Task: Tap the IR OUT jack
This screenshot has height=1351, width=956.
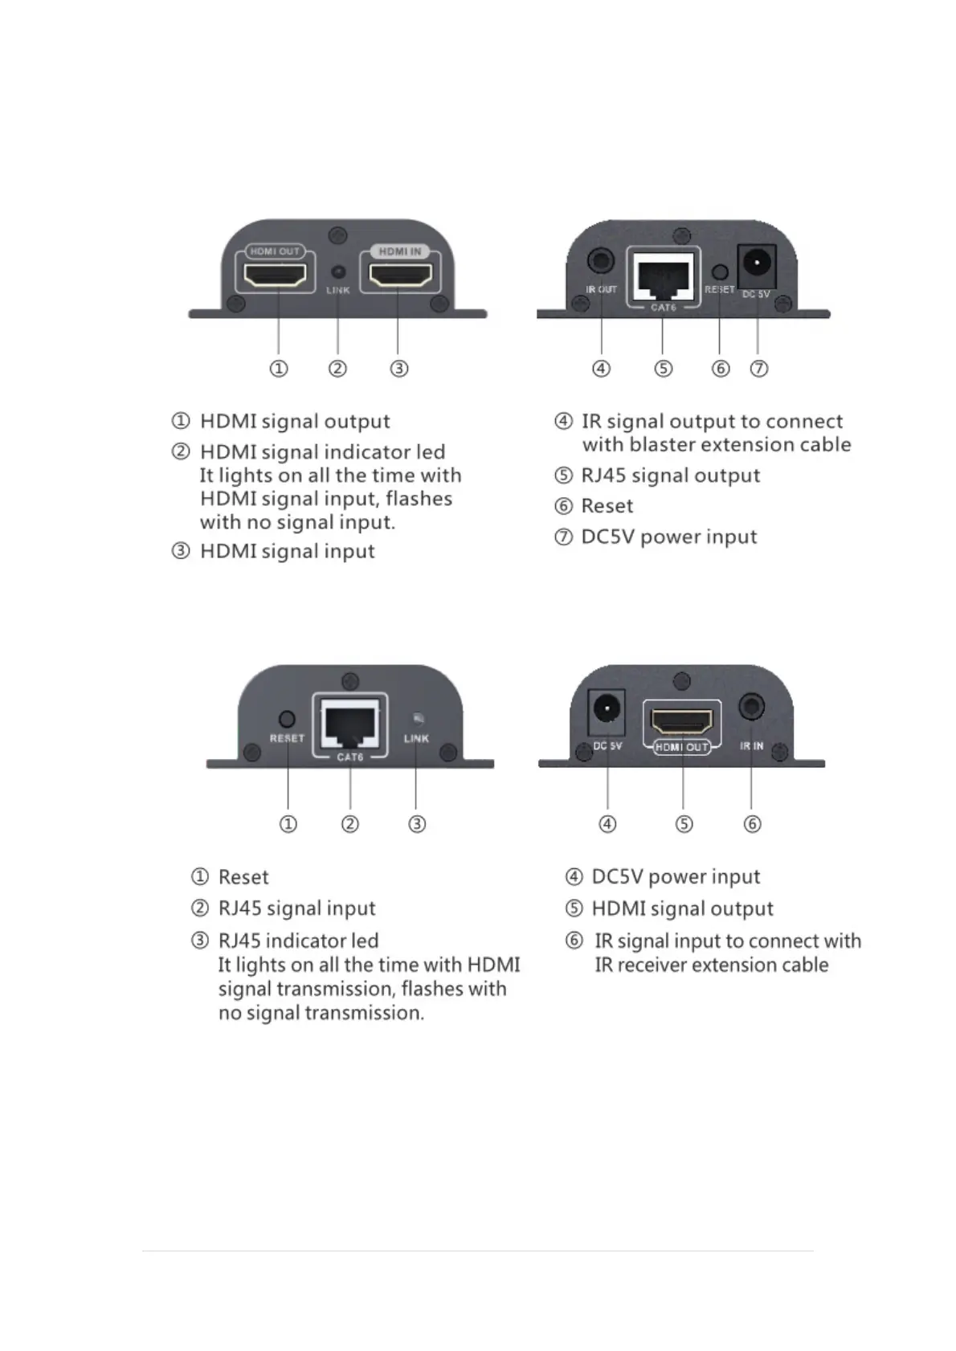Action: tap(601, 261)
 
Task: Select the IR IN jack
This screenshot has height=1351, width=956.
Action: tap(751, 707)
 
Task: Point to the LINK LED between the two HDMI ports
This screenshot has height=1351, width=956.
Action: tap(338, 272)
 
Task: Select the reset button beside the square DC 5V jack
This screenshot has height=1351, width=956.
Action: tap(720, 272)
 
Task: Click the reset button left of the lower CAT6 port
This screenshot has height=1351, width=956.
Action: tap(287, 719)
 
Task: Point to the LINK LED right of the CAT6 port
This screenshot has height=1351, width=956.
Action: tap(416, 718)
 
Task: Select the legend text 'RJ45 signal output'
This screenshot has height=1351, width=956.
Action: tap(670, 476)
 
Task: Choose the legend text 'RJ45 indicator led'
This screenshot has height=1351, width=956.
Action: tap(298, 941)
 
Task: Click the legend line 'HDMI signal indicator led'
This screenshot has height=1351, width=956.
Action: tap(322, 452)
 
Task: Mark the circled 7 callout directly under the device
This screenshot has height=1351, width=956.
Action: tap(759, 369)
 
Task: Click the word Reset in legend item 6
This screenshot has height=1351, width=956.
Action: tap(607, 506)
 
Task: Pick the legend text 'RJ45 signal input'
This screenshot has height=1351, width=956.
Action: tap(296, 908)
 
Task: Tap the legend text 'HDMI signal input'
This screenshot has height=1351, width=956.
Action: tap(287, 552)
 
